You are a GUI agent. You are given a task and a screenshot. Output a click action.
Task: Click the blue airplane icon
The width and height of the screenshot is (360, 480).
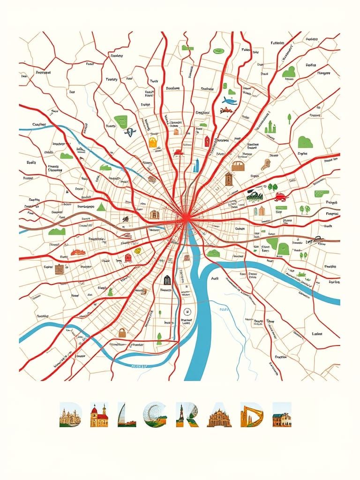230,100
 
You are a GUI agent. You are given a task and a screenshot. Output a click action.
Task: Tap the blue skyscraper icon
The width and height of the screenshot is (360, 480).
197,165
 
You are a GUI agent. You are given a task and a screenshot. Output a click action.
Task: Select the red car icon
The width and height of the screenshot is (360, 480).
280,196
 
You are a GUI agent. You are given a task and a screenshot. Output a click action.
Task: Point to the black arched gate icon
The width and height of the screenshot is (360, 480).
167,280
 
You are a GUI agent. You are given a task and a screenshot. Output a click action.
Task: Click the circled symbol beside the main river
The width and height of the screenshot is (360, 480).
187,311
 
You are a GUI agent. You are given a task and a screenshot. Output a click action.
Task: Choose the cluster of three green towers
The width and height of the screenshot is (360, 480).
270,127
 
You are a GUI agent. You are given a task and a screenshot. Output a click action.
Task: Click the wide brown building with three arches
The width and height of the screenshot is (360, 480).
238,166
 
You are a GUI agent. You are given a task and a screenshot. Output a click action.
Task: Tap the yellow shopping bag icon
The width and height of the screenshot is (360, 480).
152,142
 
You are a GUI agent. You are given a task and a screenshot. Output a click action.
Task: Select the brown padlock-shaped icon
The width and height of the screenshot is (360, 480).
122,332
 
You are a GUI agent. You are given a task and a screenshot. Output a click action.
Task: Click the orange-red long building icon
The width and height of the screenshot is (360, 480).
78,252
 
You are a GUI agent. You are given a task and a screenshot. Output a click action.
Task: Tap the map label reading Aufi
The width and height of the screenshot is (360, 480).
215,278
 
